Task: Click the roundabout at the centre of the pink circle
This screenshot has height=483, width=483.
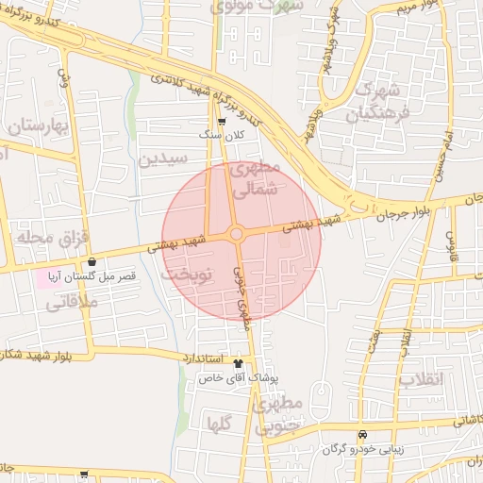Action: click(x=237, y=234)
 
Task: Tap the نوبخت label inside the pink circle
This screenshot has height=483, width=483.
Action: click(x=183, y=276)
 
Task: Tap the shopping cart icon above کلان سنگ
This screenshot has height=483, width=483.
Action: click(x=222, y=122)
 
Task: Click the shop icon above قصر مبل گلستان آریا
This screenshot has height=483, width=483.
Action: click(x=92, y=262)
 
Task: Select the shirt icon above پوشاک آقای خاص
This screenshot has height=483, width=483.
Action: click(x=238, y=362)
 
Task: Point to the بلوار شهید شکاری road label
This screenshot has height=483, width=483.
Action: click(x=28, y=356)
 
